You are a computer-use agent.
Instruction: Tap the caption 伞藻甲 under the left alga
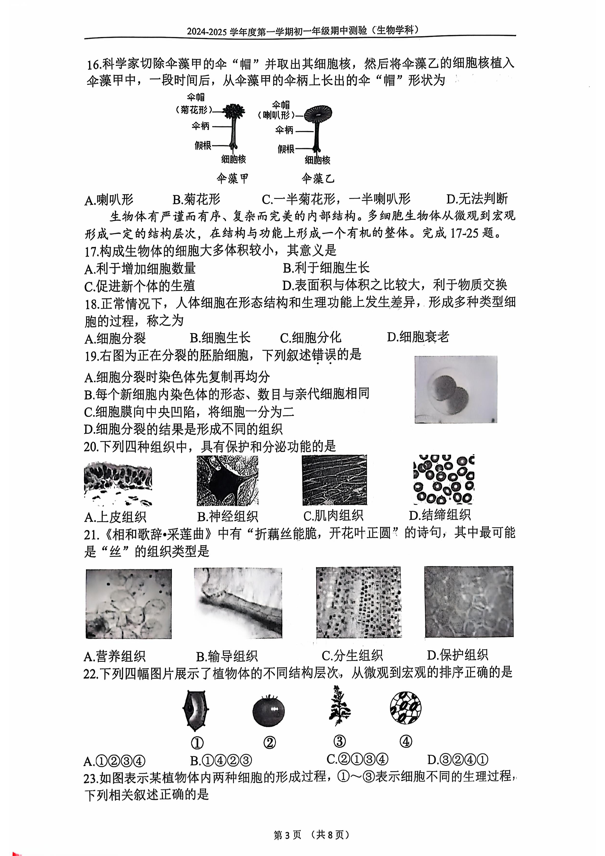click(233, 179)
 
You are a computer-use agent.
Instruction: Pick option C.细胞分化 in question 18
click(310, 337)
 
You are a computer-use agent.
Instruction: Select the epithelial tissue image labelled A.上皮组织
click(118, 484)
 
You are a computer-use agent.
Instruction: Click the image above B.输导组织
click(238, 603)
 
